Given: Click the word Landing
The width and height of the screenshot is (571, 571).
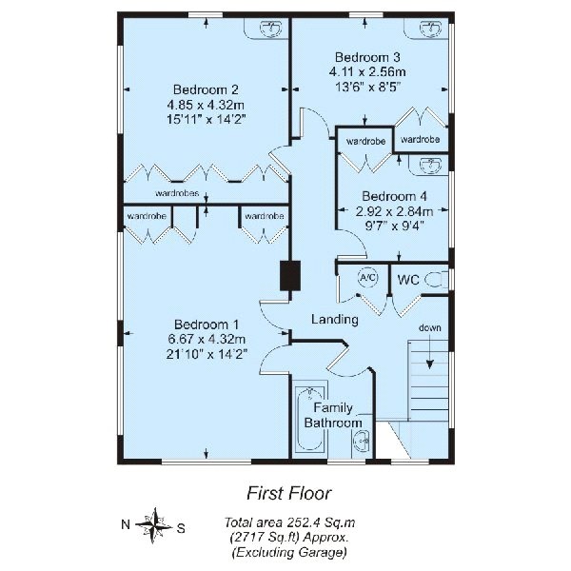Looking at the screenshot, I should (335, 319).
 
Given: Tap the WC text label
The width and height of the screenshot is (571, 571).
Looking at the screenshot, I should (408, 280).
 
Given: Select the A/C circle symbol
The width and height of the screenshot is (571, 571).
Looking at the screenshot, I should (367, 278).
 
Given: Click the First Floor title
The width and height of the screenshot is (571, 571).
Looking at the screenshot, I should (287, 493).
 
